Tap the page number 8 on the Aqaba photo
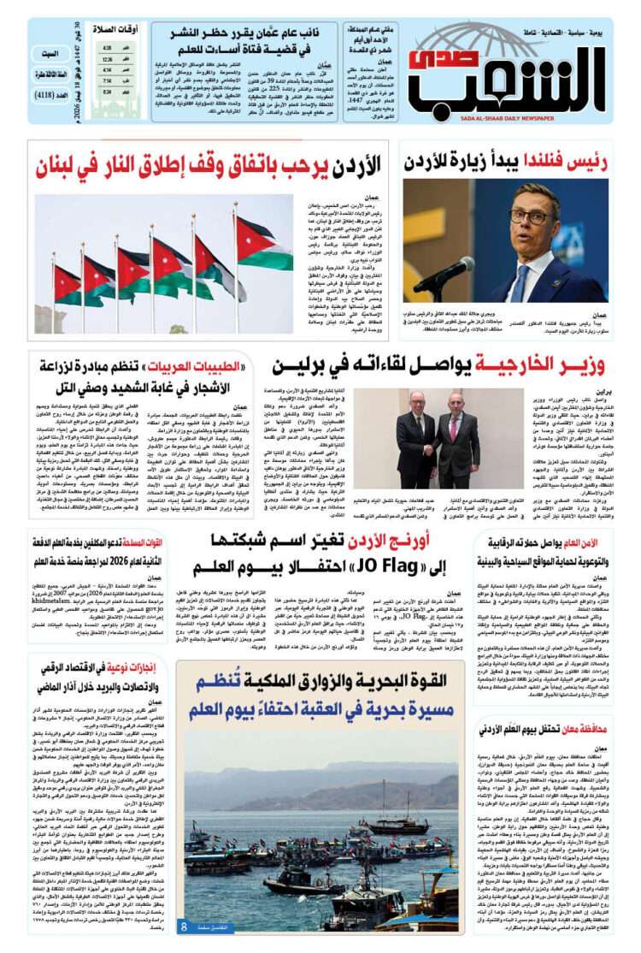[183, 926]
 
